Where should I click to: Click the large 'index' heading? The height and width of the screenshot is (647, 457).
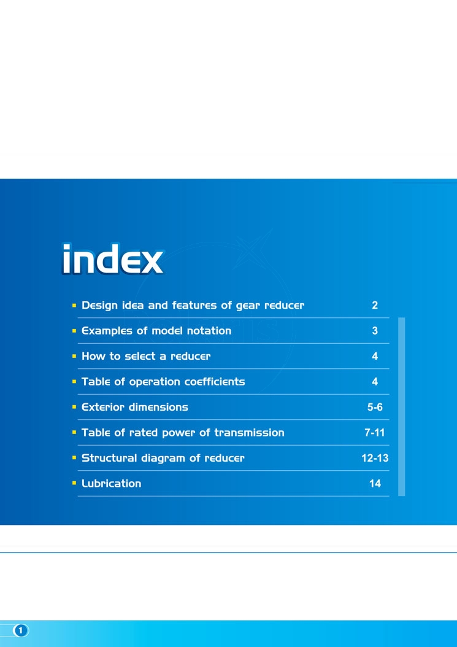pyautogui.click(x=113, y=258)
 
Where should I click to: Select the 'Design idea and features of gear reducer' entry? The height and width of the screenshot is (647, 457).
pyautogui.click(x=193, y=305)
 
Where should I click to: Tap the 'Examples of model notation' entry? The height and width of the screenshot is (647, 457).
pyautogui.click(x=156, y=331)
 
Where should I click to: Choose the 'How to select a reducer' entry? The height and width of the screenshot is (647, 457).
pyautogui.click(x=146, y=356)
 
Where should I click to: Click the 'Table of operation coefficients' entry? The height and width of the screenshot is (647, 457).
pyautogui.click(x=163, y=382)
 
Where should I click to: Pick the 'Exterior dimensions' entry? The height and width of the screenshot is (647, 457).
pyautogui.click(x=135, y=407)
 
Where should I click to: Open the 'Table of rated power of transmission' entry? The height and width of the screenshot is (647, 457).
pyautogui.click(x=183, y=433)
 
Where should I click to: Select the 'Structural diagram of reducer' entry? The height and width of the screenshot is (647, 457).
pyautogui.click(x=163, y=459)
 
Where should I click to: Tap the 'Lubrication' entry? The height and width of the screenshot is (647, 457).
pyautogui.click(x=112, y=484)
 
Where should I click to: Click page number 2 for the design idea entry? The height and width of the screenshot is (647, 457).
pyautogui.click(x=375, y=305)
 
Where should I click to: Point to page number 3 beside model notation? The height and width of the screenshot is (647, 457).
pyautogui.click(x=375, y=331)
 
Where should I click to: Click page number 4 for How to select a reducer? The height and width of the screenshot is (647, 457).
pyautogui.click(x=375, y=356)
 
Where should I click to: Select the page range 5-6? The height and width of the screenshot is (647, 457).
pyautogui.click(x=375, y=407)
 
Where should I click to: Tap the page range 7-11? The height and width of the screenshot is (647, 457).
pyautogui.click(x=375, y=433)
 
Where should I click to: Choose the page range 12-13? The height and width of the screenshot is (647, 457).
pyautogui.click(x=375, y=459)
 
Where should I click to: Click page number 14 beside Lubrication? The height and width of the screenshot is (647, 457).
pyautogui.click(x=375, y=484)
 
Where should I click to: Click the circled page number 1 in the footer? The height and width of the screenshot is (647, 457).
pyautogui.click(x=21, y=631)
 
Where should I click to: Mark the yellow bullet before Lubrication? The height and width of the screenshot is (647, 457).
pyautogui.click(x=74, y=482)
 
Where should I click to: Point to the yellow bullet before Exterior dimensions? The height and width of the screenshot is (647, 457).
pyautogui.click(x=74, y=407)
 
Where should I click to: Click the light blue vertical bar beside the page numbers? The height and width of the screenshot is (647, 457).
pyautogui.click(x=401, y=406)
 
